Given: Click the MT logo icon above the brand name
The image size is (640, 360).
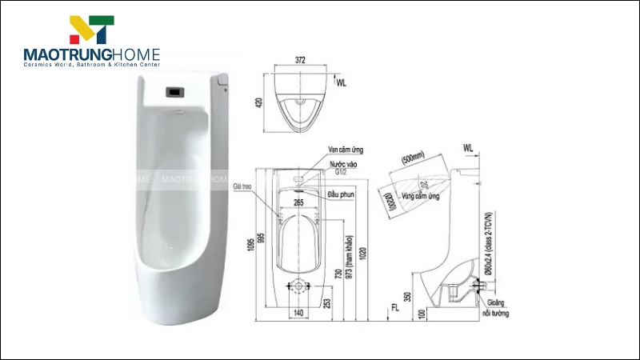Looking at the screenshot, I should point(92,30).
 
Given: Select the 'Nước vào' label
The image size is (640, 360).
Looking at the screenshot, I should point(342,163).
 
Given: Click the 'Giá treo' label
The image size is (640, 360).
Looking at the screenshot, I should point(242,186).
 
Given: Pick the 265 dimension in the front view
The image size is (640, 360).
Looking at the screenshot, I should point(298,203).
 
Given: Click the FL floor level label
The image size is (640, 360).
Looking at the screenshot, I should point(394,306).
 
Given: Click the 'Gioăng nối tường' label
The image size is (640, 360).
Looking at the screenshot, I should point(499,308).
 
